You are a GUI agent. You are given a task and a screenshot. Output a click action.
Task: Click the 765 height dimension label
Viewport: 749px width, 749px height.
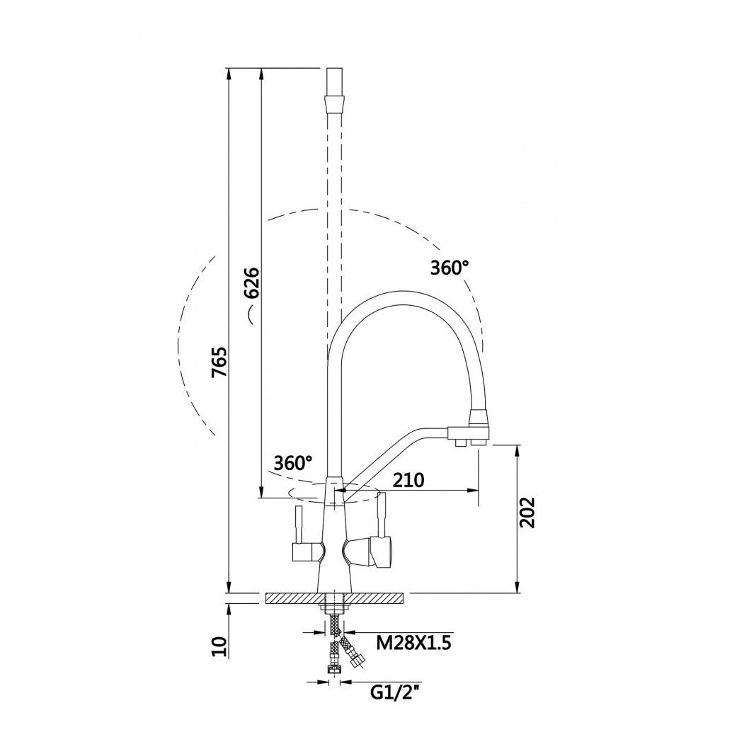tap(221, 362)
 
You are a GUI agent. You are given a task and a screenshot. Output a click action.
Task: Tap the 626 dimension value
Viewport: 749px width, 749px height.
tap(251, 282)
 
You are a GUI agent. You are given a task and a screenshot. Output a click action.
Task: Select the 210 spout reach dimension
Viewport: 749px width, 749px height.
tap(408, 479)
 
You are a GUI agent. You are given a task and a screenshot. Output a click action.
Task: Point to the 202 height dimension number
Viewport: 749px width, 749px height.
tap(527, 512)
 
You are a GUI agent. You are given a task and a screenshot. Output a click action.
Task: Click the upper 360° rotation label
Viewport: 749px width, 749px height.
tap(450, 268)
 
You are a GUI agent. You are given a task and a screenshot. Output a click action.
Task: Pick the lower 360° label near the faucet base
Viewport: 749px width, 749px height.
tap(293, 462)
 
